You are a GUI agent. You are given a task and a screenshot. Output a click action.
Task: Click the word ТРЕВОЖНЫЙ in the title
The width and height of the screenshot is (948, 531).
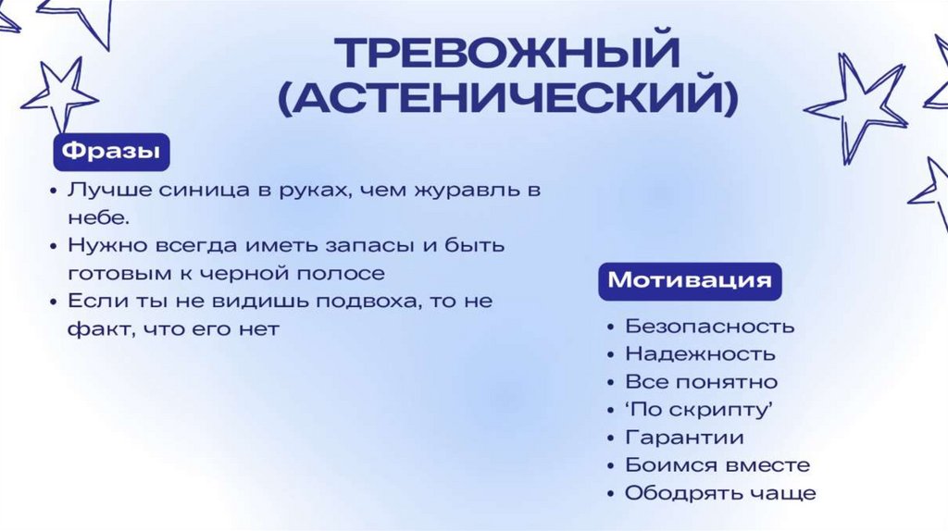pos(506,55)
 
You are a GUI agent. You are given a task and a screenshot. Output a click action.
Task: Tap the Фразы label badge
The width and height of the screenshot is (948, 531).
pos(110,150)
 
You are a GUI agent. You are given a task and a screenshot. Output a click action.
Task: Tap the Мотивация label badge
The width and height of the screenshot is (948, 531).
pos(690,280)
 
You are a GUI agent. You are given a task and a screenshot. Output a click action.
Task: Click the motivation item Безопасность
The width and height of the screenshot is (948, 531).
pos(709,326)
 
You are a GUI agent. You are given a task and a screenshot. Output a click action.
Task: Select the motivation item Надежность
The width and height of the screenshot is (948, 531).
pos(700,353)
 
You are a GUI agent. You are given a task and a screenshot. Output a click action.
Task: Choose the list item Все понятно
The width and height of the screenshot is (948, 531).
pos(701,381)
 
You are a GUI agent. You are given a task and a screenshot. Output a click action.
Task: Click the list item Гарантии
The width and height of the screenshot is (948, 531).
pos(684,437)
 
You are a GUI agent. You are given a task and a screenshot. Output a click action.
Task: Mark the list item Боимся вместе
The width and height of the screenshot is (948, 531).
pos(717,464)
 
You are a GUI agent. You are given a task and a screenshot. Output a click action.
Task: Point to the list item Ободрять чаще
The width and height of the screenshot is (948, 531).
pos(720,492)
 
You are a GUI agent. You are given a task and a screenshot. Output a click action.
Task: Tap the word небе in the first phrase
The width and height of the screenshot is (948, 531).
pos(94,218)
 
